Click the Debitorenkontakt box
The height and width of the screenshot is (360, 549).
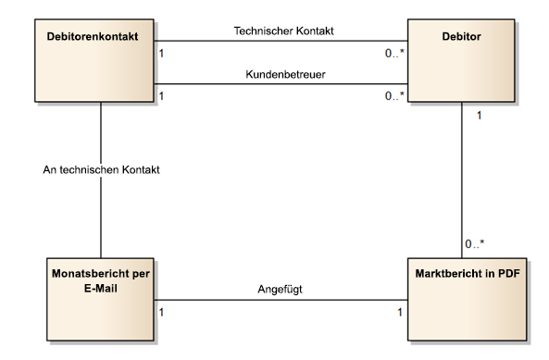tap(89, 65)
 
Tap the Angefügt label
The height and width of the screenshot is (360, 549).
tap(280, 289)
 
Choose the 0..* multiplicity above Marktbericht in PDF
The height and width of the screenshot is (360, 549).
tap(474, 244)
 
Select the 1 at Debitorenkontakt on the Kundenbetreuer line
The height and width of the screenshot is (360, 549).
tap(163, 96)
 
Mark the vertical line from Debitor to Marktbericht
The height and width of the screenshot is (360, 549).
tap(463, 176)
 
